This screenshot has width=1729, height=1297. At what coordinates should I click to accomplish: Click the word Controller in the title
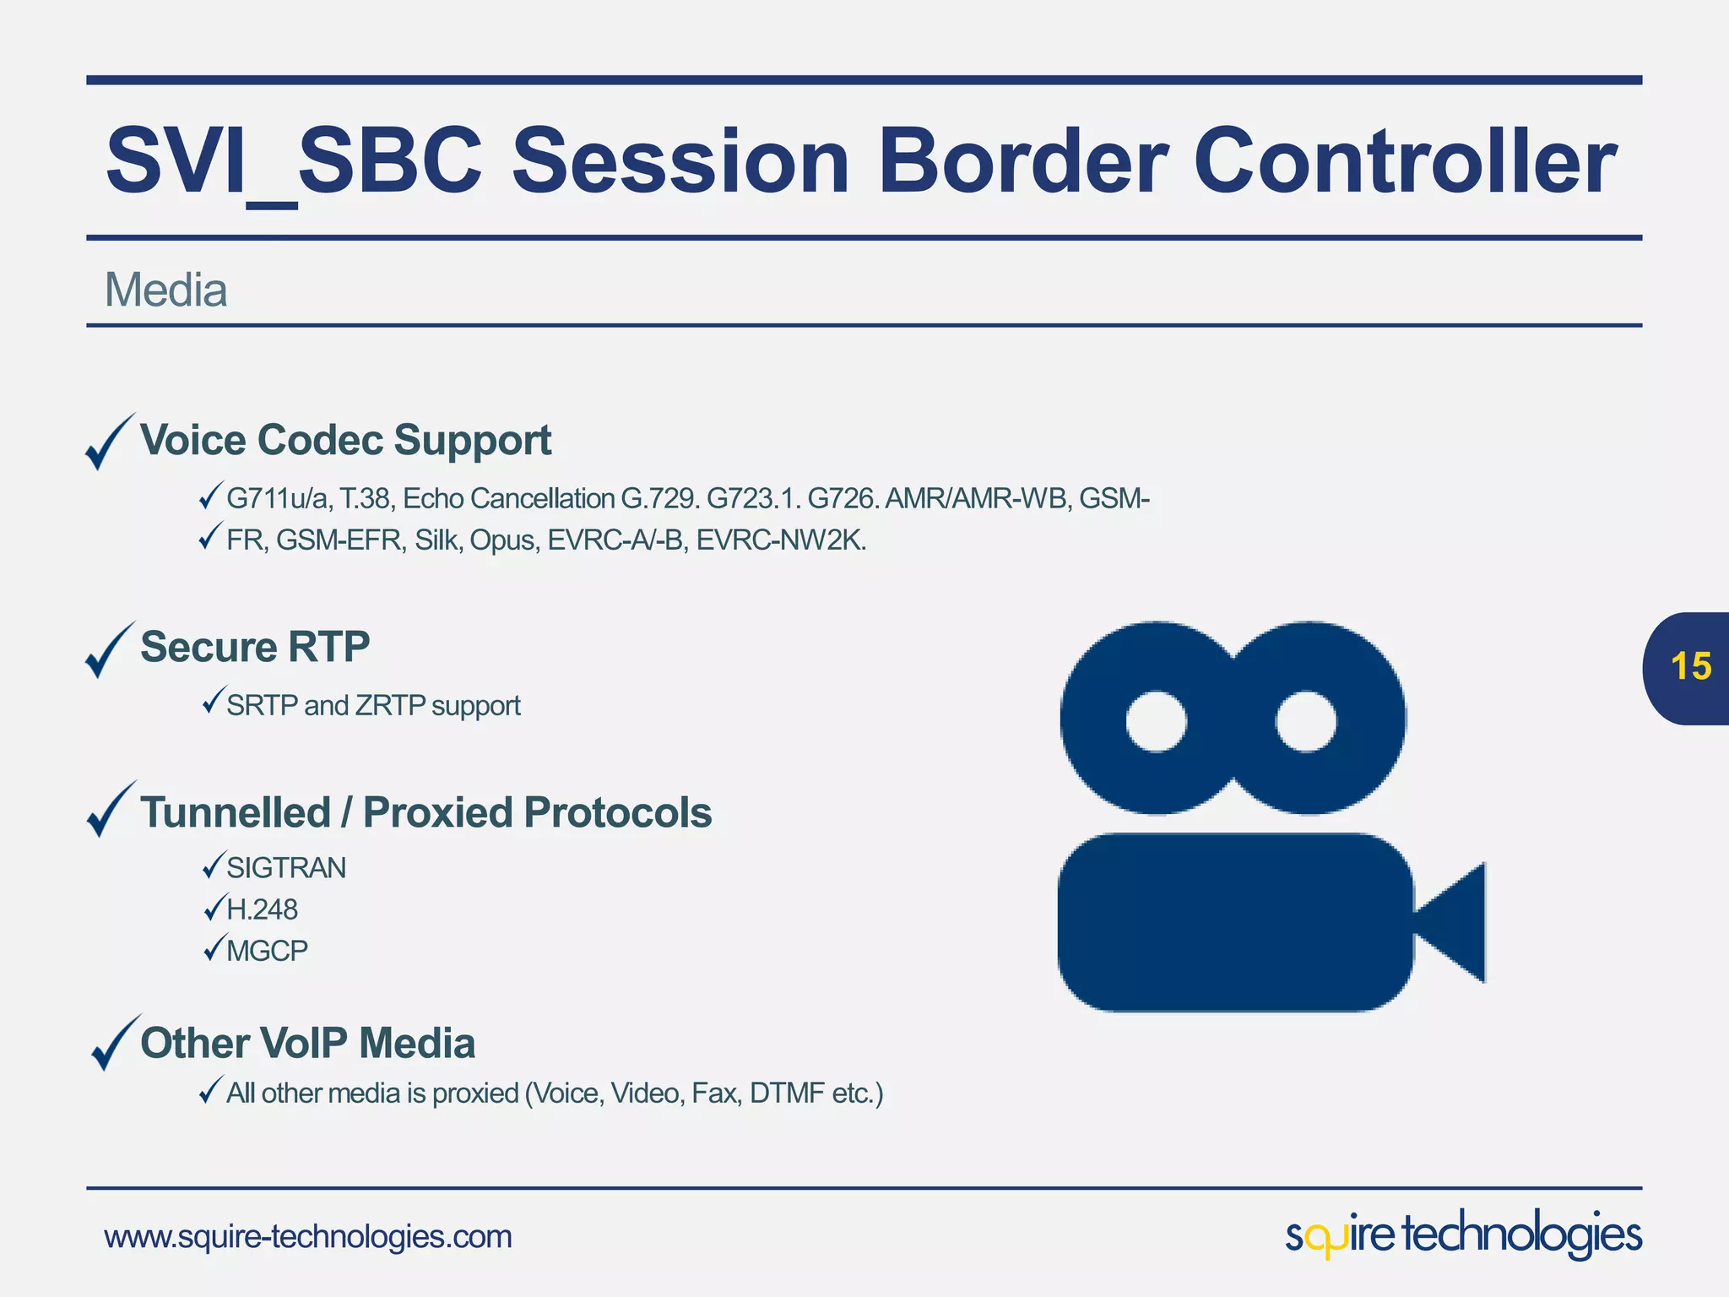1404,160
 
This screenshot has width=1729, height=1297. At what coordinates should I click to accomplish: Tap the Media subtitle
165,290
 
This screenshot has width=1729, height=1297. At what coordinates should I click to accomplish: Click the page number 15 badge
1689,667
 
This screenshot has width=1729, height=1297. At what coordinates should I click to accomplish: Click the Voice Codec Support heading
345,440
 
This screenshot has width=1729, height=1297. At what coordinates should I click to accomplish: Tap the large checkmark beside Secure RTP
109,650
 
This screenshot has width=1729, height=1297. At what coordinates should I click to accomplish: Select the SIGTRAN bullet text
286,868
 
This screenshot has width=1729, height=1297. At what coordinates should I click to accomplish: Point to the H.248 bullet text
262,909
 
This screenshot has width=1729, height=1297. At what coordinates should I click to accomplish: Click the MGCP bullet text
267,951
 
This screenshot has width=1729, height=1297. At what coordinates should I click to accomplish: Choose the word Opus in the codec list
503,540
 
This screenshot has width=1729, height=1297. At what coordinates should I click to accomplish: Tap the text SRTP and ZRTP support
373,705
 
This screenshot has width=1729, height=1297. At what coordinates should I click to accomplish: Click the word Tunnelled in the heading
236,812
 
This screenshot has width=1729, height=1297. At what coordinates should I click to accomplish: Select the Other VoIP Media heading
307,1043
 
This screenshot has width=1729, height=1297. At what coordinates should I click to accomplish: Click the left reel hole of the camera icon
1156,721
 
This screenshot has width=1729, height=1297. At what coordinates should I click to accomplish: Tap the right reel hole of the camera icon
1305,721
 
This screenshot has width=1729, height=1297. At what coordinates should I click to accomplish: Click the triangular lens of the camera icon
1456,922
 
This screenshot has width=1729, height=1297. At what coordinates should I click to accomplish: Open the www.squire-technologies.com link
308,1237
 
